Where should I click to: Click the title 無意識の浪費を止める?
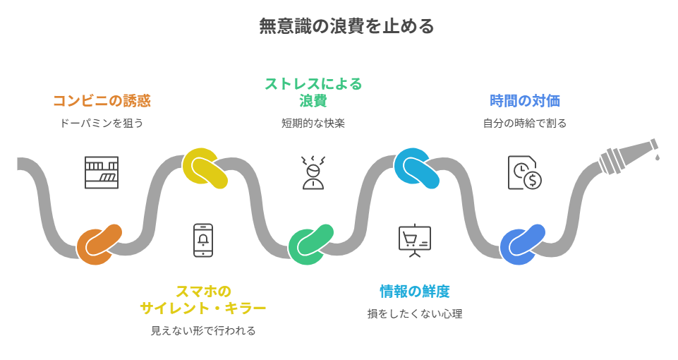pyautogui.click(x=346, y=27)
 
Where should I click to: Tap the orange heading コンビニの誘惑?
pyautogui.click(x=102, y=100)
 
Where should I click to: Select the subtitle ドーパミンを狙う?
pyautogui.click(x=102, y=123)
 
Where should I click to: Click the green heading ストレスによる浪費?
pyautogui.click(x=313, y=92)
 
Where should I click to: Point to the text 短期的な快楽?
pyautogui.click(x=313, y=123)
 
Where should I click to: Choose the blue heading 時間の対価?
pyautogui.click(x=525, y=100)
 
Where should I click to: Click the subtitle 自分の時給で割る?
pyautogui.click(x=525, y=123)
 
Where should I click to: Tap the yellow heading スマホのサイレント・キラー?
pyautogui.click(x=203, y=299)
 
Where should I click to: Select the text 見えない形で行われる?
pyautogui.click(x=203, y=330)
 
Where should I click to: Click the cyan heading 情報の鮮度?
pyautogui.click(x=415, y=291)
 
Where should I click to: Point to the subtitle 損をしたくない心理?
pyautogui.click(x=415, y=313)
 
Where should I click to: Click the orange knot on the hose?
pyautogui.click(x=99, y=244)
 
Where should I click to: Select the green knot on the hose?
pyautogui.click(x=310, y=244)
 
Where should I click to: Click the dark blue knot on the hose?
pyautogui.click(x=523, y=244)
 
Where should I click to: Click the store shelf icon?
pyautogui.click(x=102, y=172)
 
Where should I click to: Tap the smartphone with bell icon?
pyautogui.click(x=203, y=240)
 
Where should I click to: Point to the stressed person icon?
pyautogui.click(x=313, y=172)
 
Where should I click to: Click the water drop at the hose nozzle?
pyautogui.click(x=658, y=156)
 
